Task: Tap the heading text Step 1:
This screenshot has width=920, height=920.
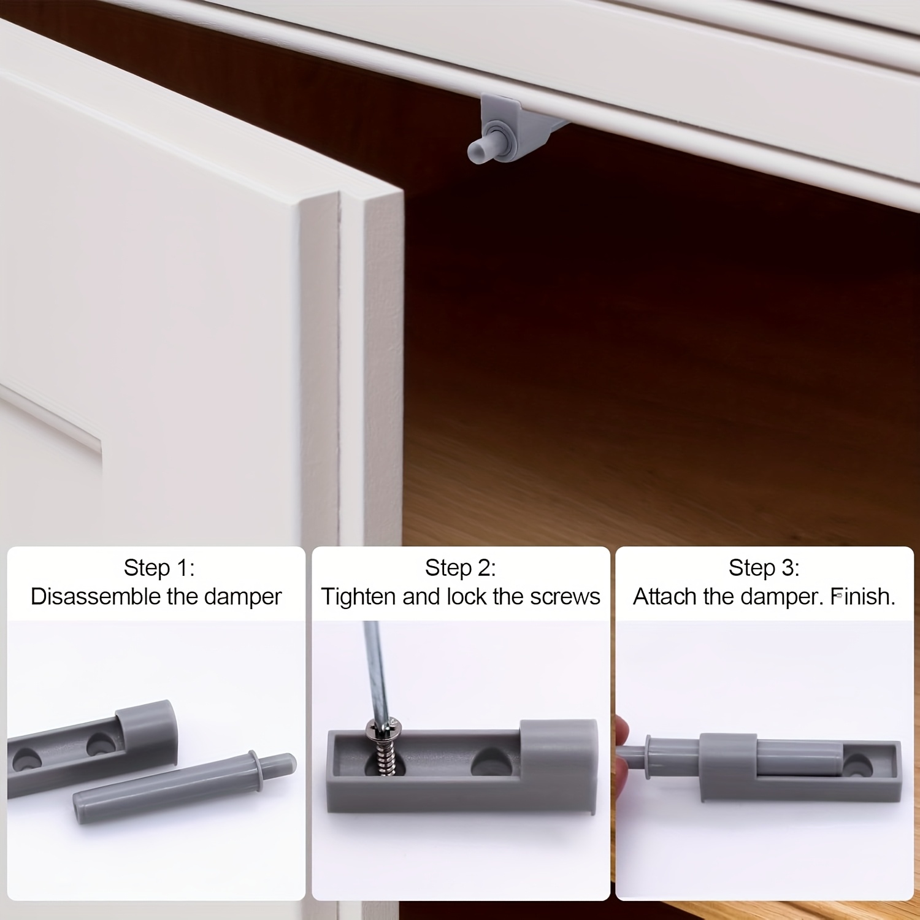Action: pyautogui.click(x=159, y=568)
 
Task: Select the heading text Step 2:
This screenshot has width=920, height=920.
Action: pyautogui.click(x=461, y=568)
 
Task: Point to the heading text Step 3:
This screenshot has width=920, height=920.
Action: pyautogui.click(x=764, y=568)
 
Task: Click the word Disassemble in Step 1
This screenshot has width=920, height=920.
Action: pyautogui.click(x=96, y=596)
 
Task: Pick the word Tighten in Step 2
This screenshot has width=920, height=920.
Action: pyautogui.click(x=359, y=596)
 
